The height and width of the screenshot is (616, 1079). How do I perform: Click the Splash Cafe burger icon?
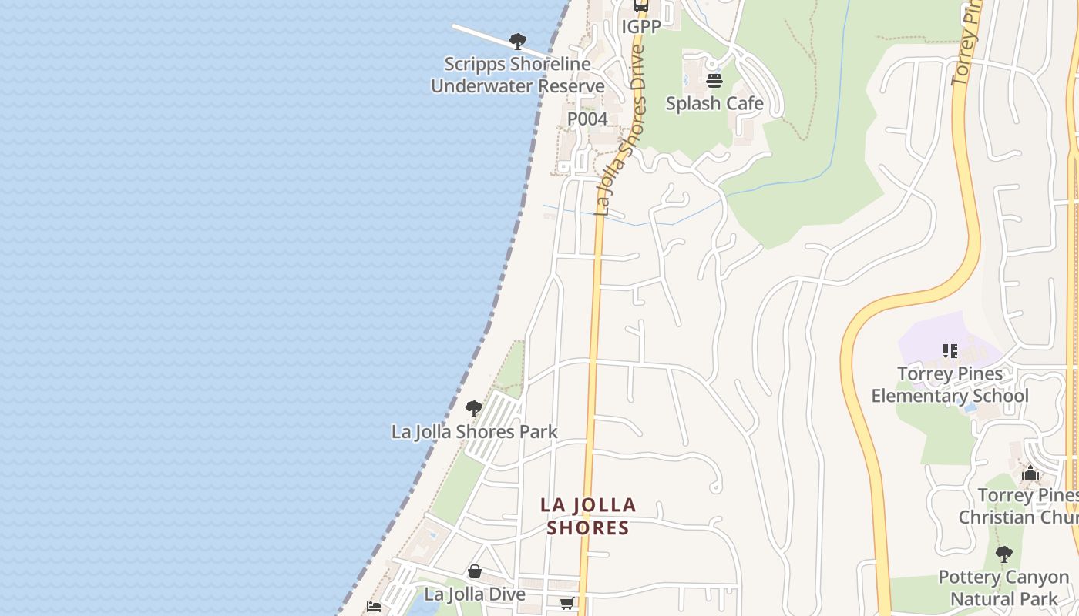(714, 81)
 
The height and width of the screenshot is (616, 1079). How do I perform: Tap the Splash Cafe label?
(714, 103)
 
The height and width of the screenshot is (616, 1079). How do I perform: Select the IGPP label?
(641, 27)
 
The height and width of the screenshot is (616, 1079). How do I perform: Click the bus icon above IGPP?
(641, 6)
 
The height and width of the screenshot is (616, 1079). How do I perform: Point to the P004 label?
(587, 119)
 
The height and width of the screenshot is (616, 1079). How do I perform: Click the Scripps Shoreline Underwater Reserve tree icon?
(518, 41)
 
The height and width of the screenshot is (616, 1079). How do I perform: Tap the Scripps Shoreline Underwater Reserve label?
(517, 75)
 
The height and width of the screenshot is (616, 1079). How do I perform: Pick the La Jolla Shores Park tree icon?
(474, 409)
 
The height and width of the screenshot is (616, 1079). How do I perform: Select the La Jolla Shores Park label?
(474, 431)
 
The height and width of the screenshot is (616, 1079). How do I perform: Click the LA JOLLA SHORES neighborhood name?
(588, 516)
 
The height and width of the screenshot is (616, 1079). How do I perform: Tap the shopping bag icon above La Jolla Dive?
(475, 572)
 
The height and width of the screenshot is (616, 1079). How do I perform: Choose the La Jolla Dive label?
(475, 594)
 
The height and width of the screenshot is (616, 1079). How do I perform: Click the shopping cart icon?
(566, 604)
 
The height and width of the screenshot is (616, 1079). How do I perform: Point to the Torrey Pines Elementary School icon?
(950, 351)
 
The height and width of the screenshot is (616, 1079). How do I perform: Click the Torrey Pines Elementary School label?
(950, 385)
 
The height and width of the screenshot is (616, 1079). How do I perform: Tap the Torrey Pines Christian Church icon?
(1030, 473)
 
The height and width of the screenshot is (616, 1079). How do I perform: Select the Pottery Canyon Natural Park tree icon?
(1003, 554)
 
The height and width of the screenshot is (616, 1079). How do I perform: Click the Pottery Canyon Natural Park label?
(1003, 588)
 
